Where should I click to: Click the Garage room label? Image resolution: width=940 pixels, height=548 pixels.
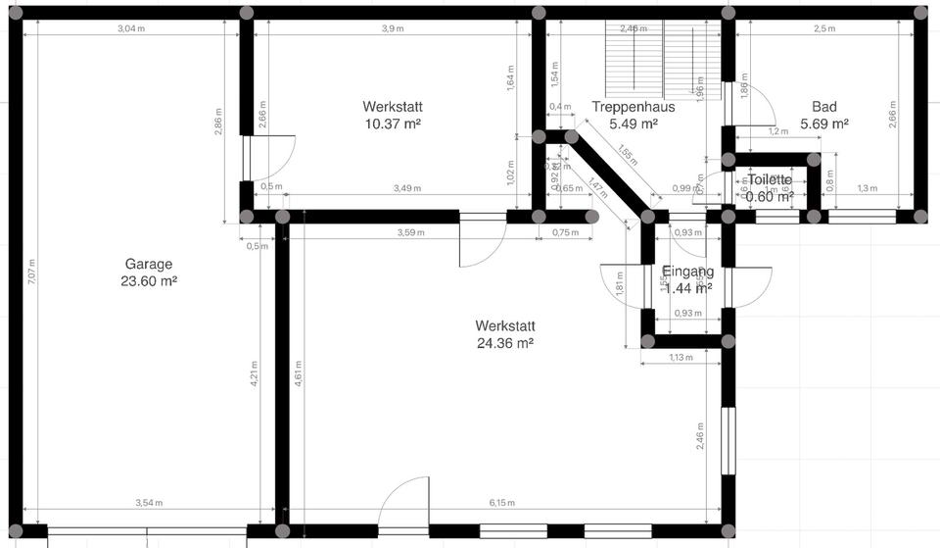(x=148, y=264)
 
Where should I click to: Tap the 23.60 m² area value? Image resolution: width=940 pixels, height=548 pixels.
(x=148, y=281)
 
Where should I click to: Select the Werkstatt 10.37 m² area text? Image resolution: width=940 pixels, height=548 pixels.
(x=392, y=124)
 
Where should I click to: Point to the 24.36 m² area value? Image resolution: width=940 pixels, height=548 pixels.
(x=504, y=343)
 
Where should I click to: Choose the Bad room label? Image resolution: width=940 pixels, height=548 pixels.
(x=823, y=106)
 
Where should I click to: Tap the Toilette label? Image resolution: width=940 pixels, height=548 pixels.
(x=769, y=180)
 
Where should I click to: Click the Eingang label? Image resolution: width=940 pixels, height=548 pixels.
(x=687, y=272)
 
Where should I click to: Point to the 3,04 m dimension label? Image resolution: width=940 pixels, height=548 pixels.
(x=132, y=28)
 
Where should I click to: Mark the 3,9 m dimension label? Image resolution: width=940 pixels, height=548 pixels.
(x=392, y=28)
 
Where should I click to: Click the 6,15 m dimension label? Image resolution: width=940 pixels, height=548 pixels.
(x=501, y=503)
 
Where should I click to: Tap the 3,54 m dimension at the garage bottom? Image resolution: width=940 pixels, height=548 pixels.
(x=149, y=503)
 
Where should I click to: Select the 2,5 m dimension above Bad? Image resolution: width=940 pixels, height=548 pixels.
(x=824, y=28)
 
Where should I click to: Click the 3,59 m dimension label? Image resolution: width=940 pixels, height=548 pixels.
(x=412, y=232)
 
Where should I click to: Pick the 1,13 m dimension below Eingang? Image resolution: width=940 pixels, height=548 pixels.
(x=680, y=358)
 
